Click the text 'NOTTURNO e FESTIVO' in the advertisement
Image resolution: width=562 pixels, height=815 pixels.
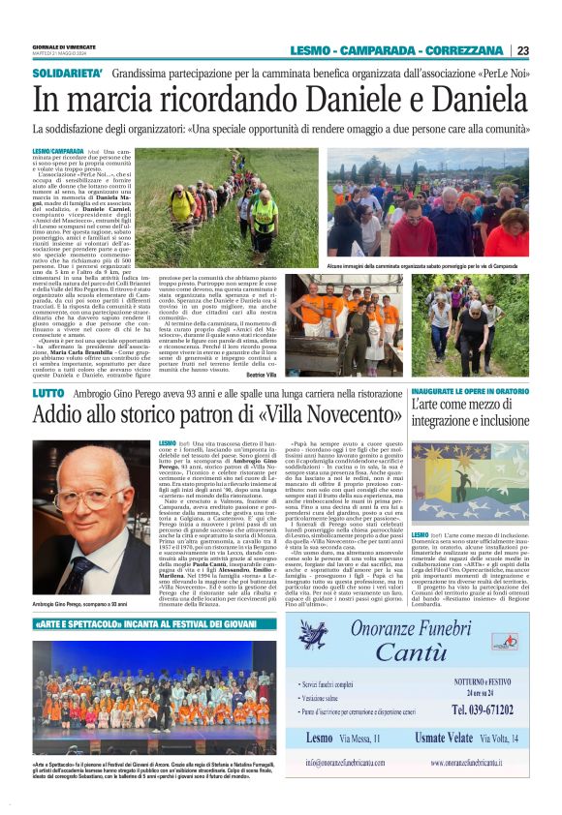click(x=472, y=680)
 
